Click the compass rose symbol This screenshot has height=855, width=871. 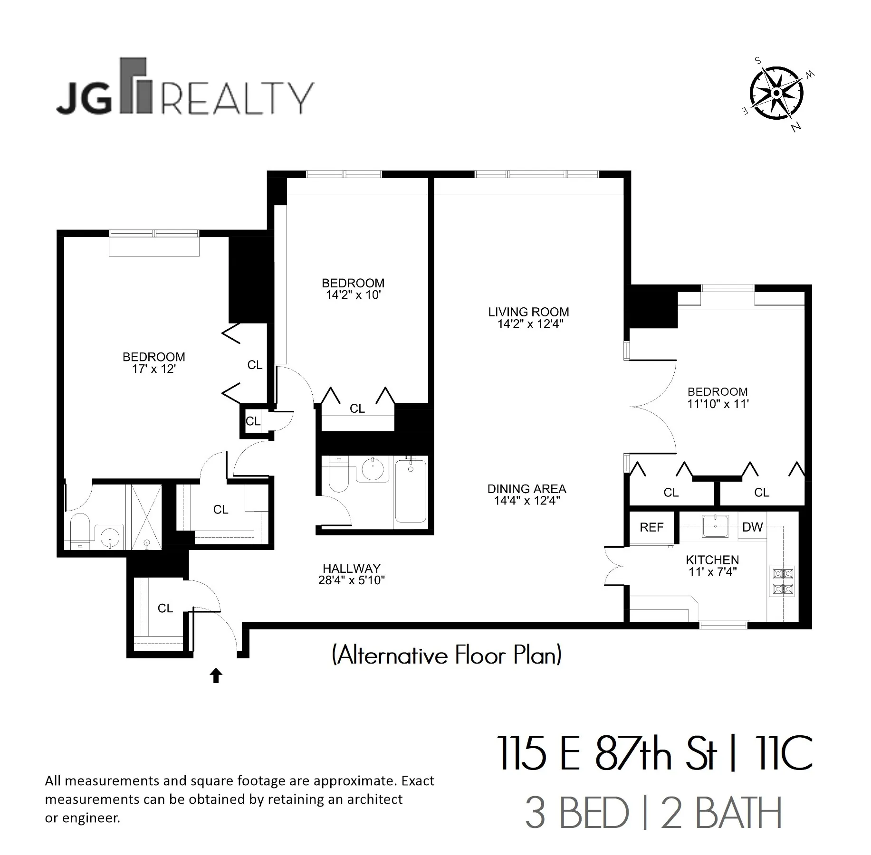776,94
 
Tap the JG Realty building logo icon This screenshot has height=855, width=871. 135,86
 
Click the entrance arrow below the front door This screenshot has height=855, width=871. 216,675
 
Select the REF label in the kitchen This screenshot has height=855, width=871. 651,527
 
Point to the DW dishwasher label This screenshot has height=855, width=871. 752,527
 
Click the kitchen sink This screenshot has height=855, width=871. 715,526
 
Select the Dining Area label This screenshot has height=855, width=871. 526,489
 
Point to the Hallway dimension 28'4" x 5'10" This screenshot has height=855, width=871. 351,580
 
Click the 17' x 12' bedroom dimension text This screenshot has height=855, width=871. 154,369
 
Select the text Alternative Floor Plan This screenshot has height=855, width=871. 447,655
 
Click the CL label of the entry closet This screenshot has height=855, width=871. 165,608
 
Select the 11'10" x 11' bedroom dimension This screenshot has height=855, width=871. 718,404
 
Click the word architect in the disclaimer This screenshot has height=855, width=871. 374,799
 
